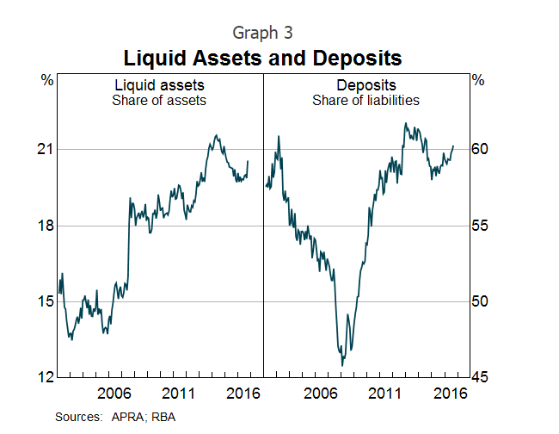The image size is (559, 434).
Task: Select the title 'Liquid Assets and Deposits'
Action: pyautogui.click(x=262, y=59)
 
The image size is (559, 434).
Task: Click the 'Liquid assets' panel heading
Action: pyautogui.click(x=159, y=85)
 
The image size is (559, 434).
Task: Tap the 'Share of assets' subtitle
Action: pyautogui.click(x=159, y=100)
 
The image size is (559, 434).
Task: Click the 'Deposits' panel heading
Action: pyautogui.click(x=365, y=85)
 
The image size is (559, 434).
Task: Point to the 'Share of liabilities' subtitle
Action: pyautogui.click(x=365, y=100)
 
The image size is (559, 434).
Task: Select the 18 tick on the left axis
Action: pyautogui.click(x=45, y=226)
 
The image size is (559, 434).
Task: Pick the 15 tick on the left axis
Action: pyautogui.click(x=45, y=301)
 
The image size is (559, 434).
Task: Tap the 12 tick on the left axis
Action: pyautogui.click(x=45, y=377)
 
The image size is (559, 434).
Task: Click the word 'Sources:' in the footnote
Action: pyautogui.click(x=79, y=416)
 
